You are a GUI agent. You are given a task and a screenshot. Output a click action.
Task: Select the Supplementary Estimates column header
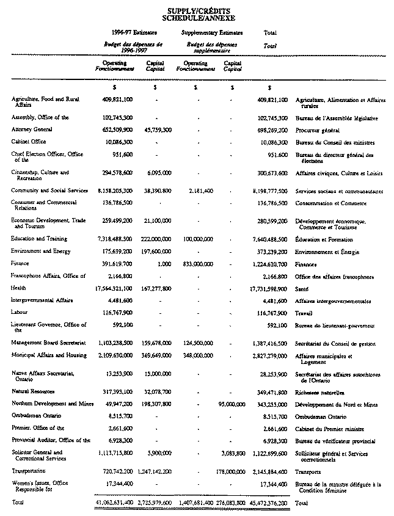(x=212, y=32)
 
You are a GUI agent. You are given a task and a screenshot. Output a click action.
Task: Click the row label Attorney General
(x=32, y=129)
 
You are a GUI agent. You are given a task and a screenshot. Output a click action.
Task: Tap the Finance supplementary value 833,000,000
(x=196, y=264)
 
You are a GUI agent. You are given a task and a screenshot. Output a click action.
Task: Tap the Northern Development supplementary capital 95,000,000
(x=232, y=404)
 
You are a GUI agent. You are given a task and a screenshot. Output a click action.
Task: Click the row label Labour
(x=21, y=312)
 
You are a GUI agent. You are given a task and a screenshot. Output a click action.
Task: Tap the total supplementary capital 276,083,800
(x=230, y=503)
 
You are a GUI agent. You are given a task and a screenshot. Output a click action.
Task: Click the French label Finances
(x=306, y=264)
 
